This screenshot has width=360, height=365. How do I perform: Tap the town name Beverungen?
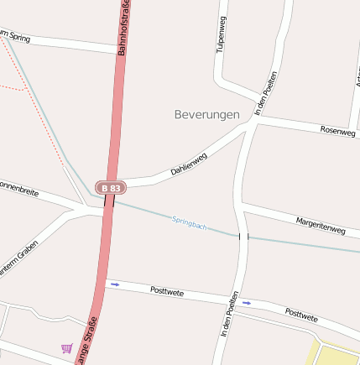(x=207, y=114)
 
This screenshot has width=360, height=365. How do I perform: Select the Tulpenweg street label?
(x=222, y=34)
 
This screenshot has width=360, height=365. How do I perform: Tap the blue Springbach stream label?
(x=189, y=222)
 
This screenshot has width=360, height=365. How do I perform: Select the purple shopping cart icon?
(x=66, y=347)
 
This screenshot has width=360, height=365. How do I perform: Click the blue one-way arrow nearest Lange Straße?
(x=115, y=284)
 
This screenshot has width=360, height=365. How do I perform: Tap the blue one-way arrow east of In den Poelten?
(x=246, y=302)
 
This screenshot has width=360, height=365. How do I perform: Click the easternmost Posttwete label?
(x=301, y=315)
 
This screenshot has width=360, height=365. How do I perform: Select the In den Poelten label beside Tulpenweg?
(x=265, y=93)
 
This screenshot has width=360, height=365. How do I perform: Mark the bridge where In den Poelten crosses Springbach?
(x=243, y=237)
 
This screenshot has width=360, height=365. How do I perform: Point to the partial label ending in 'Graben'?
(x=18, y=274)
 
